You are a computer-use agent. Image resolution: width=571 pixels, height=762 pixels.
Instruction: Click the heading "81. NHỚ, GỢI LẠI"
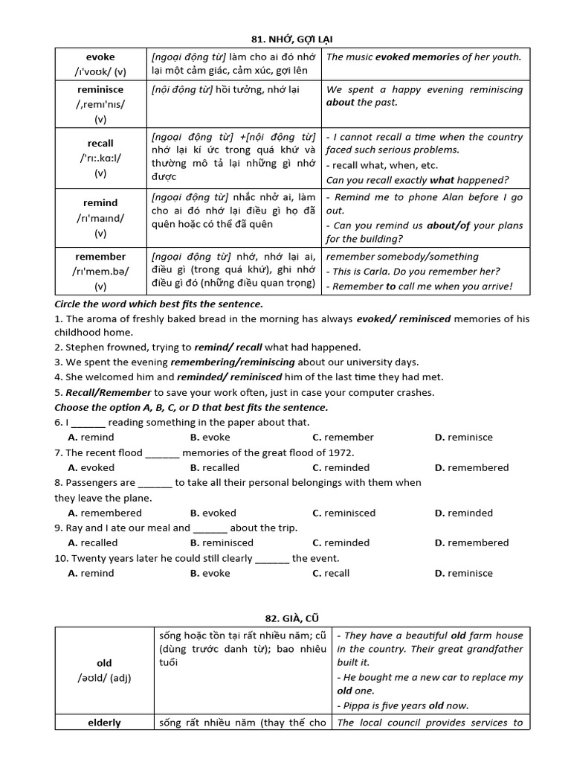293,38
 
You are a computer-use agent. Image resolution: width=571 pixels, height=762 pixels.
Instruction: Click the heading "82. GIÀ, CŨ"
293,618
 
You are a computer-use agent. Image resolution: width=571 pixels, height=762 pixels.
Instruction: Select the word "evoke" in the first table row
100,57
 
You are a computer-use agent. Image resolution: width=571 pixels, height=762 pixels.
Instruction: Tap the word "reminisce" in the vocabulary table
100,89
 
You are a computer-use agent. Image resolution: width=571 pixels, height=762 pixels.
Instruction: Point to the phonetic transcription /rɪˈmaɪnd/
100,218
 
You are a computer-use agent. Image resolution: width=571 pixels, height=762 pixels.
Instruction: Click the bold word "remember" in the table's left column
100,256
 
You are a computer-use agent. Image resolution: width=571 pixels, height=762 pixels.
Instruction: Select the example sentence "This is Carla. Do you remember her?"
416,272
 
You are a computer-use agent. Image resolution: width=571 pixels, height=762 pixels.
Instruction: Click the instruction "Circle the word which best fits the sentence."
158,304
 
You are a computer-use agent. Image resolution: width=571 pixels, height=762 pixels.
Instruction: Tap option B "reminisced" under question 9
222,542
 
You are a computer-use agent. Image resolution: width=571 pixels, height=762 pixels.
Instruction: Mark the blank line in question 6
88,423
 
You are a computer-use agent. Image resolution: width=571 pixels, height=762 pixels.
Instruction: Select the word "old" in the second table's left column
104,663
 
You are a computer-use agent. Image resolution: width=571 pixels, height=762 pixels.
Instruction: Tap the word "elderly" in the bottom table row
104,723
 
